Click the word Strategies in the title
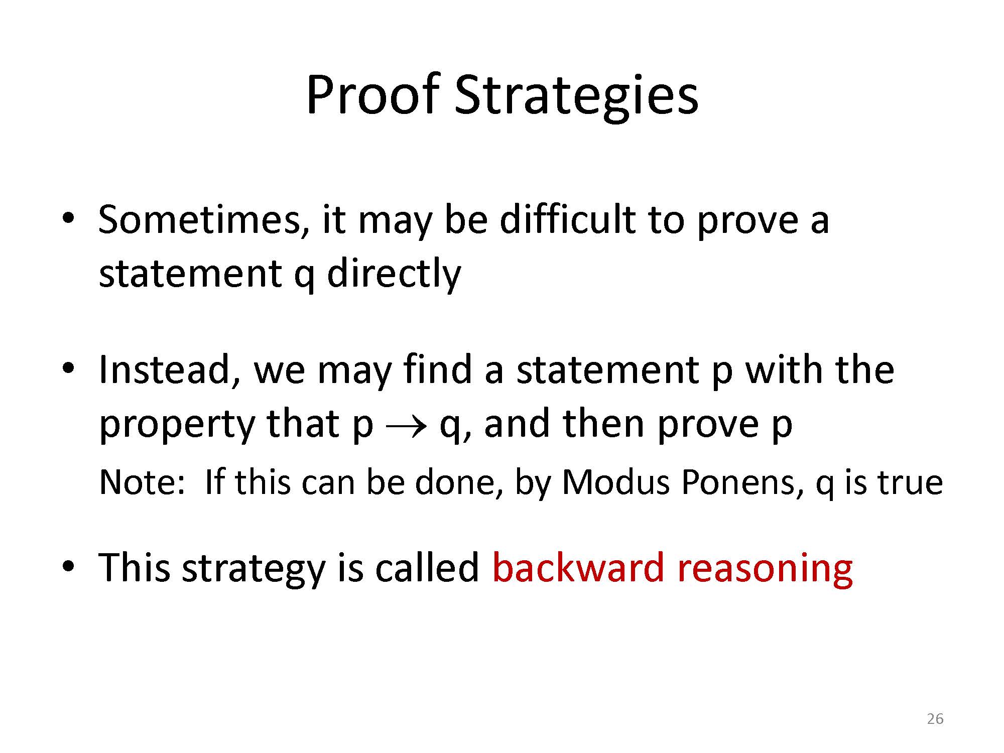(576, 98)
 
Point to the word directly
(394, 275)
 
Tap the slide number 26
(935, 719)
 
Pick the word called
(427, 567)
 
